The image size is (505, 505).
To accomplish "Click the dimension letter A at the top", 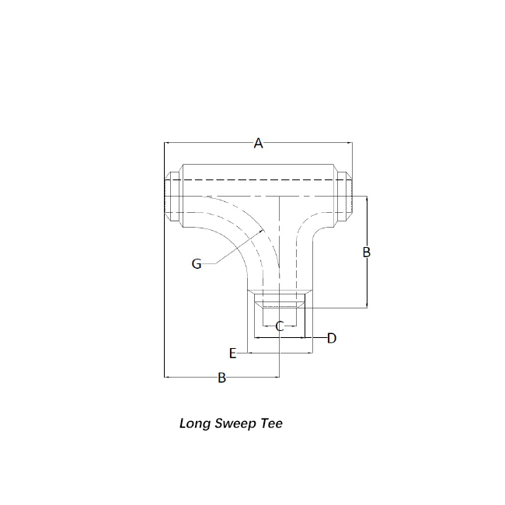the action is (x=258, y=143).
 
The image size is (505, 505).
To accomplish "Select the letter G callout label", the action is (x=197, y=264).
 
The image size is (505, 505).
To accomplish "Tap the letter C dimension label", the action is (x=280, y=326).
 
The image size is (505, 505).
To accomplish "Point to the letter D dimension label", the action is (x=332, y=338).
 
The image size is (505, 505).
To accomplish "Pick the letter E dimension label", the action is (x=233, y=353).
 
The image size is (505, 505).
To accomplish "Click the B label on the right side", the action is (x=367, y=252).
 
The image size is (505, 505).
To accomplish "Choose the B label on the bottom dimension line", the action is (x=222, y=378).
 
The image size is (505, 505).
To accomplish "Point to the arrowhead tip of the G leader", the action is (x=264, y=230).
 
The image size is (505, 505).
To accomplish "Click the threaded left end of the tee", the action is (x=172, y=196).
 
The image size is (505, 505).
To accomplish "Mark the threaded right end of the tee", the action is (x=343, y=196).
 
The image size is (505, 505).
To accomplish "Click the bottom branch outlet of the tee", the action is (x=280, y=298).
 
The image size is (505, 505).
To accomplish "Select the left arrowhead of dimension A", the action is (x=165, y=142).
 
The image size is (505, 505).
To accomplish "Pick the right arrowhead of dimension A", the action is (x=352, y=142).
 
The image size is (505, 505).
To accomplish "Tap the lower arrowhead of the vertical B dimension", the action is (x=367, y=308).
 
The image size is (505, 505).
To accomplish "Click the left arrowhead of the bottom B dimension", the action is (x=165, y=377).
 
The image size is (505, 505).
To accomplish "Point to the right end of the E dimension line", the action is (x=312, y=353).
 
